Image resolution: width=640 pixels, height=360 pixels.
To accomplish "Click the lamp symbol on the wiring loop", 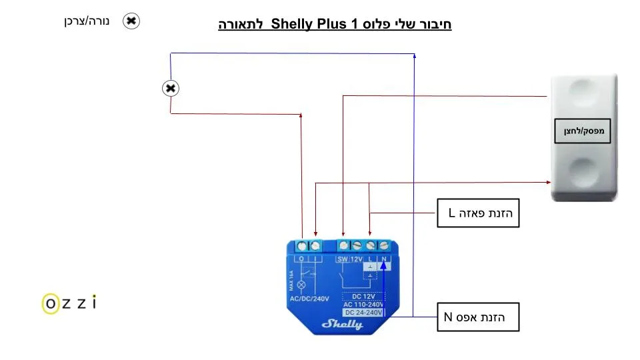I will (x=171, y=88).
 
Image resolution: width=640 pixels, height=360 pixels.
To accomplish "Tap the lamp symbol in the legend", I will (x=131, y=21).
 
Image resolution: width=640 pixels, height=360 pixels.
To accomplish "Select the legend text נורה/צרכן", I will (x=86, y=21).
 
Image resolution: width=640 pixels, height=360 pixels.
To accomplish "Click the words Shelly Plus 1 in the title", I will (x=313, y=25).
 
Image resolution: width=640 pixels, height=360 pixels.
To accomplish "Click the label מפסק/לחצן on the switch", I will (x=583, y=131).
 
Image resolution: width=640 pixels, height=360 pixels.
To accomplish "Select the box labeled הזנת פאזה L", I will (x=477, y=213).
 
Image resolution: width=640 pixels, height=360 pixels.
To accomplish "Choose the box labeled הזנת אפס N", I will (x=477, y=317).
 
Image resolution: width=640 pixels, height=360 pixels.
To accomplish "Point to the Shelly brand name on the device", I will (x=342, y=325).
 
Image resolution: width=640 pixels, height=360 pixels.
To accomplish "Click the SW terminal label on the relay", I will (x=343, y=259).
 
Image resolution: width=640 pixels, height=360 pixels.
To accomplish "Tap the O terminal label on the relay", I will (x=302, y=259).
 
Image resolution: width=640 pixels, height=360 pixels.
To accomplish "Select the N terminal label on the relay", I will (x=384, y=259).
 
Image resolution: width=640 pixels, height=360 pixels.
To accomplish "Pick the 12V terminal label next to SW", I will (x=357, y=259).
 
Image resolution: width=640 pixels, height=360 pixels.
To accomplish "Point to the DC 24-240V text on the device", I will (x=363, y=312).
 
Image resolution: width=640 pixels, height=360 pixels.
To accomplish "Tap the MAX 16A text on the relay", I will (x=291, y=280).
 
